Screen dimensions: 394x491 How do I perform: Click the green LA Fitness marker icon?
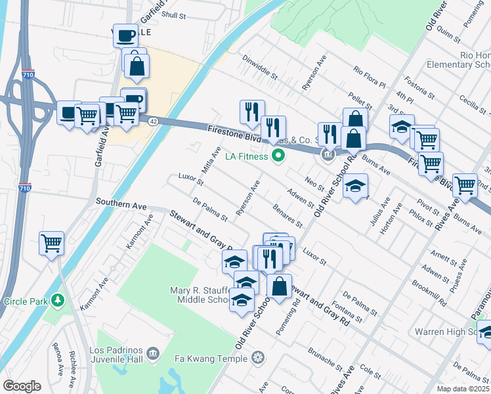pos(278,156)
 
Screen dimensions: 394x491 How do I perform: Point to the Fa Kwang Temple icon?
pos(259,359)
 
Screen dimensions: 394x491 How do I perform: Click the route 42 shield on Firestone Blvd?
pos(152,121)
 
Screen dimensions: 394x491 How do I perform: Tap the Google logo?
pos(22,386)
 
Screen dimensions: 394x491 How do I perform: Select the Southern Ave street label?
pos(121,205)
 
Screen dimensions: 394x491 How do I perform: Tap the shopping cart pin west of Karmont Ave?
pos(51,244)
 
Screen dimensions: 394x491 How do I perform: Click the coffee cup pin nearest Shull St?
pos(125,35)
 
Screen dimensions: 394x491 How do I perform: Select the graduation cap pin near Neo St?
pos(355,186)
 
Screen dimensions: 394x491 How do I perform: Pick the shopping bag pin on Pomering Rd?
pos(279,286)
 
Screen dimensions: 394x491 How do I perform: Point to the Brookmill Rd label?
pos(429,294)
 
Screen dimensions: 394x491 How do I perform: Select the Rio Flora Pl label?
pos(369,77)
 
